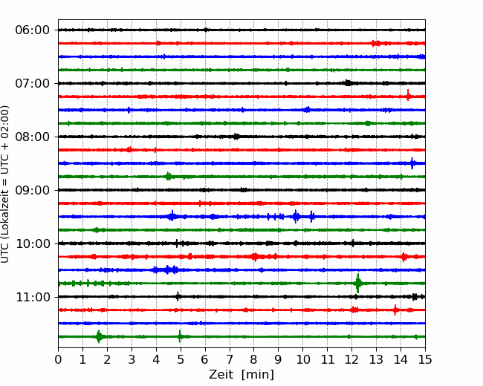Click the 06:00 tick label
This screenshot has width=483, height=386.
point(33,30)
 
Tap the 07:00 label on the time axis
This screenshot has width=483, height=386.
point(33,83)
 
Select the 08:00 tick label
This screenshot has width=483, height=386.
point(33,137)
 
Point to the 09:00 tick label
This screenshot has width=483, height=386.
point(33,190)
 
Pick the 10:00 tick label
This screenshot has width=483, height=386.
point(33,243)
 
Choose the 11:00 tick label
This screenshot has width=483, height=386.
point(33,297)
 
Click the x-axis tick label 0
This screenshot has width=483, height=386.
point(58,359)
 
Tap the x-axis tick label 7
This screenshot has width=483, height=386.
point(230,359)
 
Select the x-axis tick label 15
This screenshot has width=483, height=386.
point(425,359)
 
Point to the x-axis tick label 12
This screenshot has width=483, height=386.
point(351,359)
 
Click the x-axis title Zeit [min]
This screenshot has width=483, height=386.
point(241,375)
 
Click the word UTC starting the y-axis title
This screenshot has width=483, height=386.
point(4,254)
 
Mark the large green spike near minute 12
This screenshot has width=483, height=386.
point(358,283)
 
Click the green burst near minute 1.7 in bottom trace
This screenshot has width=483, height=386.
point(99,336)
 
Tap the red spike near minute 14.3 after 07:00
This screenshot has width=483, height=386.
point(408,96)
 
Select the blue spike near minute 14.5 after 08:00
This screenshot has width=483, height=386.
point(412,163)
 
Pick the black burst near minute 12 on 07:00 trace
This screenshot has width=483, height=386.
point(348,83)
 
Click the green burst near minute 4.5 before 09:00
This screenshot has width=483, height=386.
point(168,177)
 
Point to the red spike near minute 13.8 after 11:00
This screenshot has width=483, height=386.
point(395,310)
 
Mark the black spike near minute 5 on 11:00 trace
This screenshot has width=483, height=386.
point(178,297)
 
